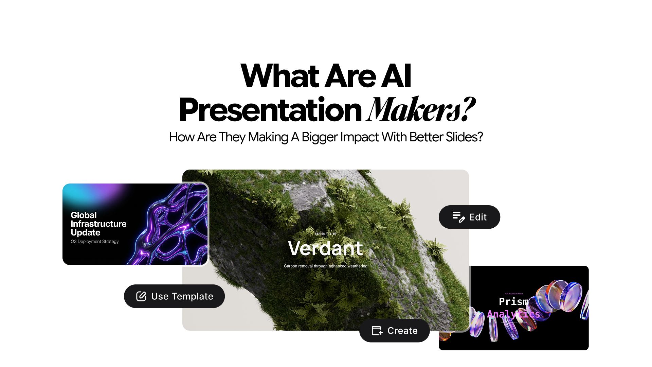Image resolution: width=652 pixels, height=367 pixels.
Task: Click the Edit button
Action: click(469, 217)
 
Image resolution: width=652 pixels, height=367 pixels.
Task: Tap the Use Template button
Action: click(174, 296)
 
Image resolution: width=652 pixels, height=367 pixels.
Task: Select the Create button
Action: click(395, 331)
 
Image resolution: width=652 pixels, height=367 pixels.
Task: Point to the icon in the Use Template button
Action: click(141, 296)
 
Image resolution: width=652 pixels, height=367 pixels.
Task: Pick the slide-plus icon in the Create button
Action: click(377, 331)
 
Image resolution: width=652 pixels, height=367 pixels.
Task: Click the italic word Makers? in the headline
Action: click(420, 110)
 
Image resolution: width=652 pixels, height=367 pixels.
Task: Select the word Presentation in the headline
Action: click(270, 110)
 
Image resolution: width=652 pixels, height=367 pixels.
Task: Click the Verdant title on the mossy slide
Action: click(325, 248)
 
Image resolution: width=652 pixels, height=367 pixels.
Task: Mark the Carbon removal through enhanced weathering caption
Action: click(325, 266)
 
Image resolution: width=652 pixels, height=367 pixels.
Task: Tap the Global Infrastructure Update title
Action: click(98, 224)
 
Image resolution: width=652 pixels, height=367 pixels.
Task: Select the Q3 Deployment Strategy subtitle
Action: click(95, 242)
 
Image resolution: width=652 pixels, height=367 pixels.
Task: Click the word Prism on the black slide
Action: click(513, 301)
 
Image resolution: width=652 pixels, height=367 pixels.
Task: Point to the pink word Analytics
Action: click(513, 314)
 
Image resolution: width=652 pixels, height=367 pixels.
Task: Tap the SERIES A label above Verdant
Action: click(325, 234)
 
